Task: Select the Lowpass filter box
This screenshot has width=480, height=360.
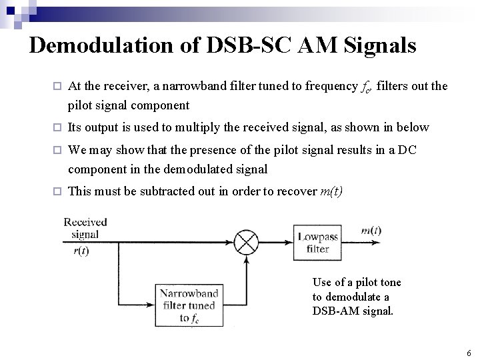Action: coord(317,243)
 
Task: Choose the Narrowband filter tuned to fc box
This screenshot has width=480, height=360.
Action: coord(189,305)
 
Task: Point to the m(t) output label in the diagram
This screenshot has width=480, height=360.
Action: coord(371,231)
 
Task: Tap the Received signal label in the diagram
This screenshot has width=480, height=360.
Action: coord(85,228)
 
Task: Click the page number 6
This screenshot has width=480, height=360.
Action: coord(469,353)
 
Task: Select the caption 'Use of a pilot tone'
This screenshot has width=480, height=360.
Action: coord(357,283)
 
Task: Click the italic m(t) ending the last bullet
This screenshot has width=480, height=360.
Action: coord(331,192)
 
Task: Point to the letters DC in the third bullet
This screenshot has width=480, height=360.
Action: coord(407,150)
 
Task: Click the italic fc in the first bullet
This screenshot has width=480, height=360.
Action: coord(367,87)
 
